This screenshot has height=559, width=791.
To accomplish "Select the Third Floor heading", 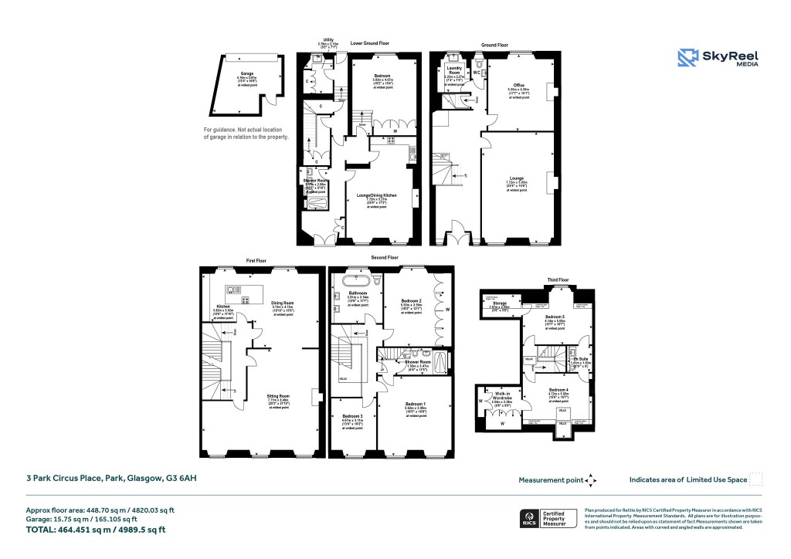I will (558, 279).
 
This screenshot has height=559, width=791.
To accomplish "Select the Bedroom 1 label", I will (415, 405).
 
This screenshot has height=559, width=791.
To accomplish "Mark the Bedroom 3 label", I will (351, 417).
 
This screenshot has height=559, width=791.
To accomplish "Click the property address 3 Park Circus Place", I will (111, 479).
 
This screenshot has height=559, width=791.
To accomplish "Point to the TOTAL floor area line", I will (96, 530).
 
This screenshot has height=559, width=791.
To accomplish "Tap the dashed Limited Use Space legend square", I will (756, 479).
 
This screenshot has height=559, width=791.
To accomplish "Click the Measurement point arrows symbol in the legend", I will (591, 480).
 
